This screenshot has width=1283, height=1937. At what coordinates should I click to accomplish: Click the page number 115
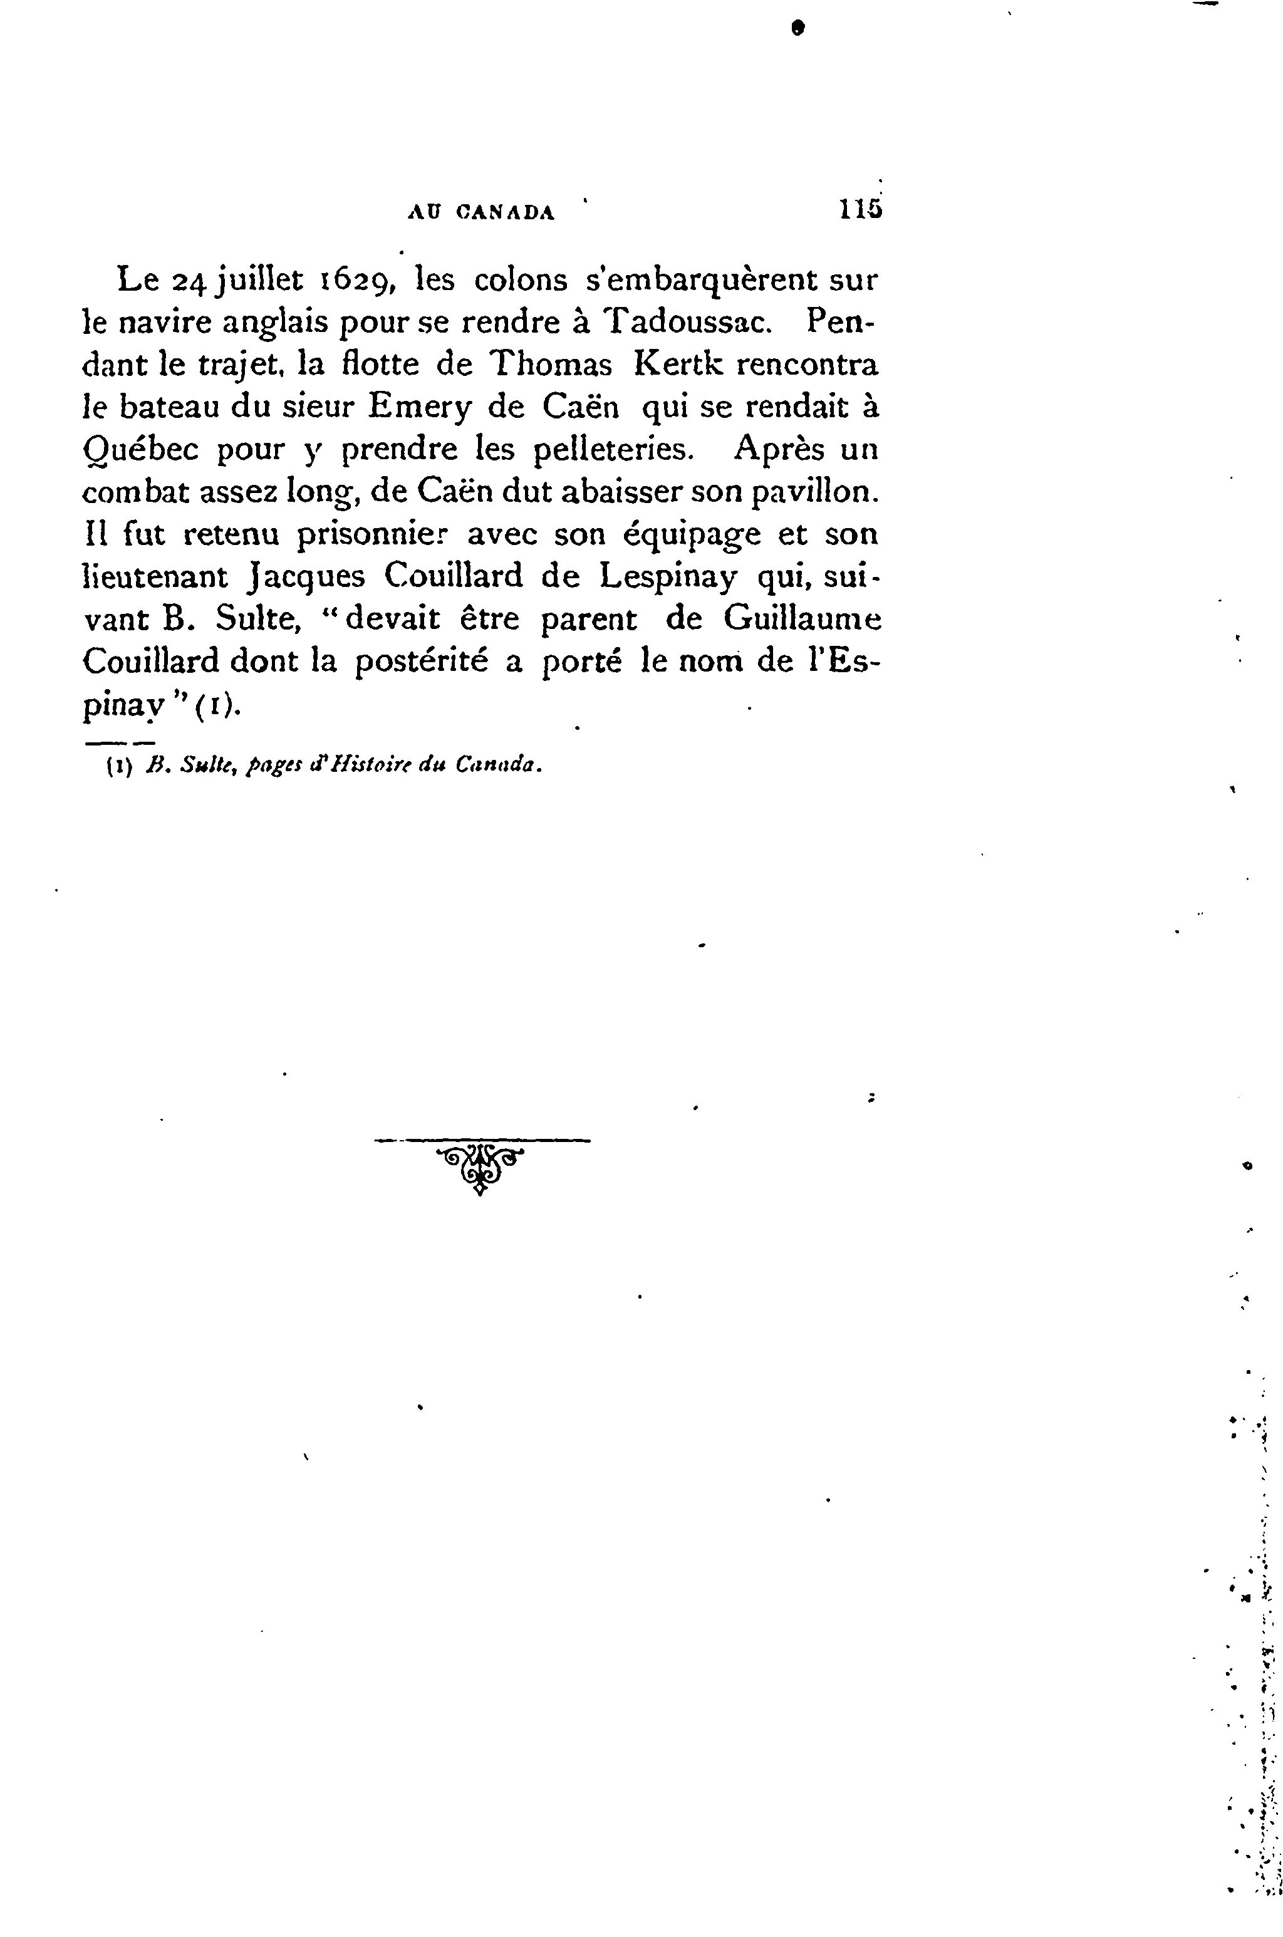point(859,211)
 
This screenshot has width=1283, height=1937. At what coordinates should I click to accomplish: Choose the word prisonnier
point(373,534)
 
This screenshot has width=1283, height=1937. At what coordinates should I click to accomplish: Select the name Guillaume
point(802,619)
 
